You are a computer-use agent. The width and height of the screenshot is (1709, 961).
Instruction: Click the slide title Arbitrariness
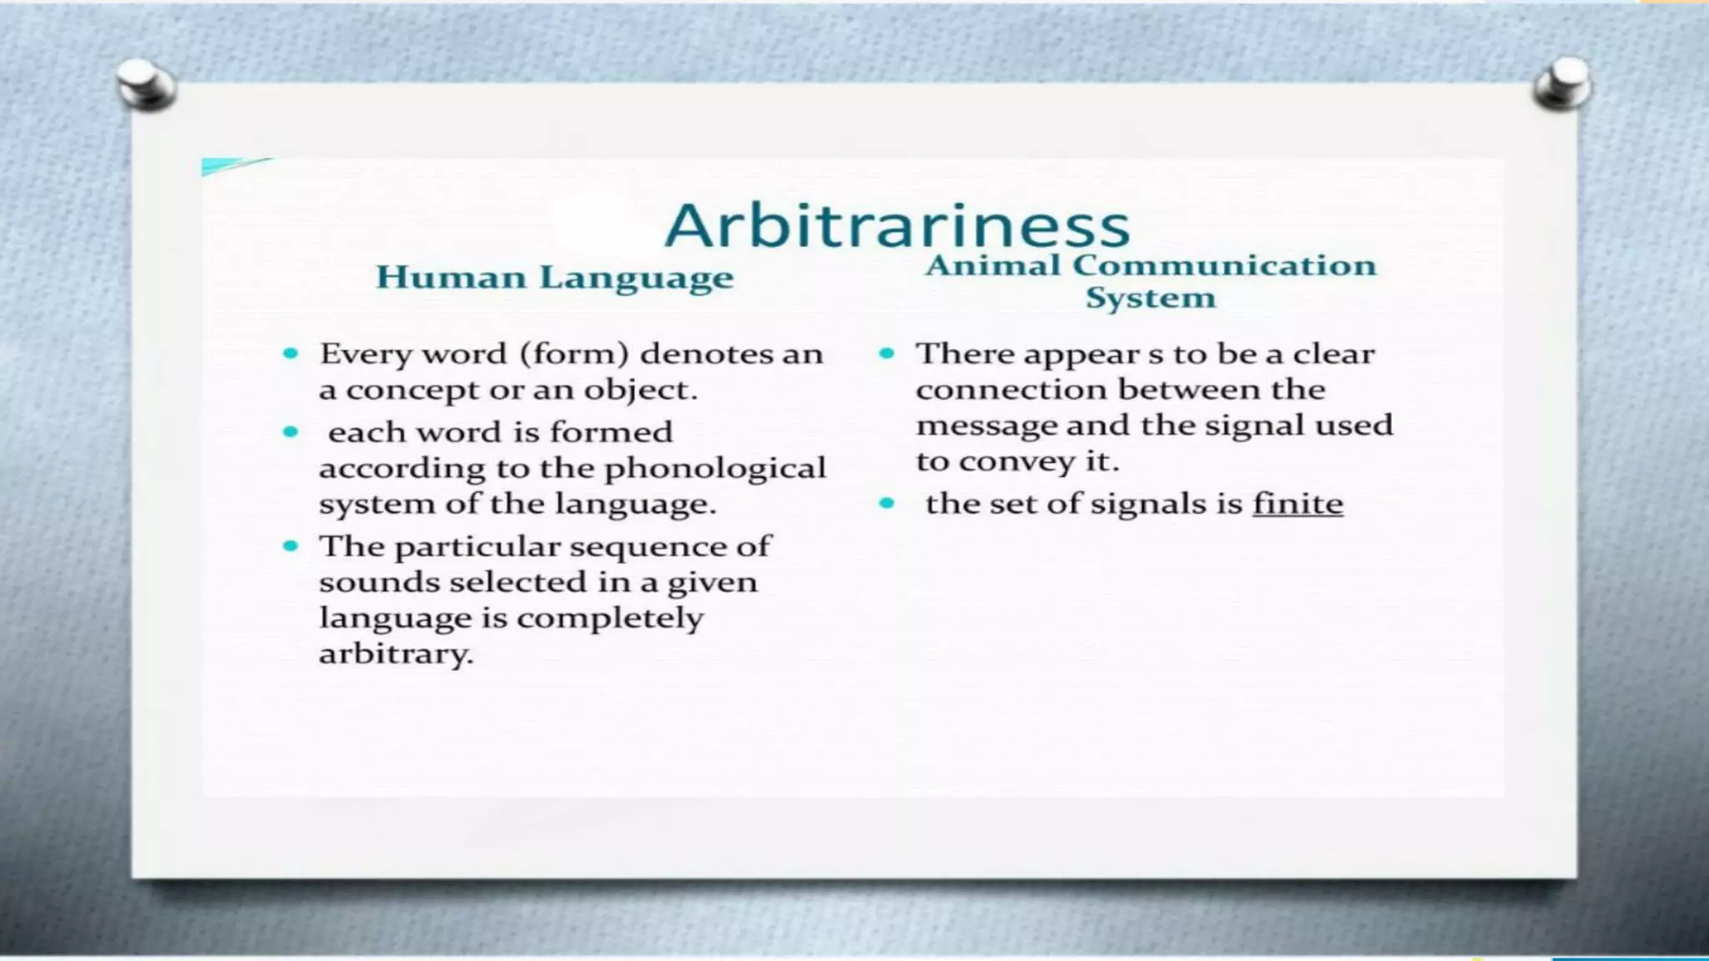pos(897,225)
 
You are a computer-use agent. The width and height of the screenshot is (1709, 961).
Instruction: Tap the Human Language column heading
pos(554,278)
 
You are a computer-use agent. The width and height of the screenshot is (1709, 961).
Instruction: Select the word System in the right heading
pos(1150,298)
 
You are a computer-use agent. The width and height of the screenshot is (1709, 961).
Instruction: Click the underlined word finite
pos(1298,504)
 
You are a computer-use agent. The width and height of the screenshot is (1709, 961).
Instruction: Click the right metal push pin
pos(1562,83)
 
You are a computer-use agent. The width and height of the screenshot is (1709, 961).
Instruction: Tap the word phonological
pos(715,468)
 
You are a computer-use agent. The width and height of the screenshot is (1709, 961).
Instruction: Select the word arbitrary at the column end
pos(395,653)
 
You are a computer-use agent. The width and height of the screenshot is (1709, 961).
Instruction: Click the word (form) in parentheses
pos(574,354)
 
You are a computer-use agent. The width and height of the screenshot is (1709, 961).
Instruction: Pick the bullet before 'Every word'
pos(290,354)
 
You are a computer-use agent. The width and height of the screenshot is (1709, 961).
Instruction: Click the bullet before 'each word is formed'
pos(290,432)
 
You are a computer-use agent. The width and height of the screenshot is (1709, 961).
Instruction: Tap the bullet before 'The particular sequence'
pos(290,546)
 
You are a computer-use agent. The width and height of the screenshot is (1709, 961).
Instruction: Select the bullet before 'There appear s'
pos(886,354)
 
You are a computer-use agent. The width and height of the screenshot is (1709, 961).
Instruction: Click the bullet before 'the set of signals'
pos(886,503)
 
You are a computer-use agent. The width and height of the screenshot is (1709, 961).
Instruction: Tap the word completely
pos(610,618)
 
